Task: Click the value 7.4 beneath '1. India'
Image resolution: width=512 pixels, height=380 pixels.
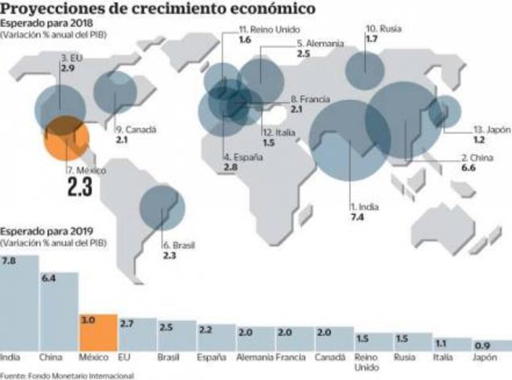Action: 357,217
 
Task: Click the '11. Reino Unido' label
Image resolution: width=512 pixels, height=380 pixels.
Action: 260,29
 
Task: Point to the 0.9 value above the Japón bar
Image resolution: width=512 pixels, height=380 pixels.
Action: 483,345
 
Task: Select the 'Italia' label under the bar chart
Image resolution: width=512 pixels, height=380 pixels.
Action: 444,357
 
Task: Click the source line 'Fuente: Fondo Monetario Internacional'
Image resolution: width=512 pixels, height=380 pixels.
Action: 67,374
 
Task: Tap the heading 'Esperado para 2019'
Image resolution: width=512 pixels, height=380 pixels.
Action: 47,231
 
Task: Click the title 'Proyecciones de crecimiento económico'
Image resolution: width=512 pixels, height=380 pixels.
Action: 159,9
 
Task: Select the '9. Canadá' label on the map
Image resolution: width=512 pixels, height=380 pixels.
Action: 136,130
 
